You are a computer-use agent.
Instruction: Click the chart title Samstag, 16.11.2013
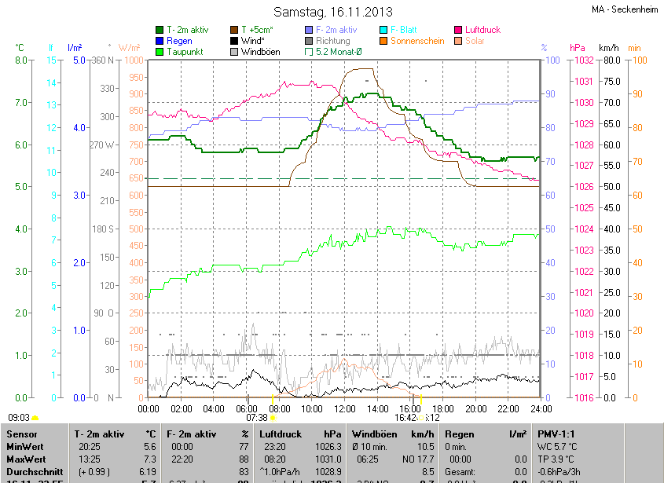coord(332,12)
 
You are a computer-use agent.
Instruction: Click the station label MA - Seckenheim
coord(625,9)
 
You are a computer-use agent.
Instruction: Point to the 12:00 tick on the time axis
coord(345,409)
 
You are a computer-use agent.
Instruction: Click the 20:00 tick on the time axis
coord(475,409)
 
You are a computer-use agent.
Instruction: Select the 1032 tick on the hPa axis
coord(582,60)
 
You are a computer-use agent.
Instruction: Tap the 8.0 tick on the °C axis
coord(21,60)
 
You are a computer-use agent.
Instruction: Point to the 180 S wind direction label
coord(105,229)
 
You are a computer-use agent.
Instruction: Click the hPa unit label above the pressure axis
coord(578,48)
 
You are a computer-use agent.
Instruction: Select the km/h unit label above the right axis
coord(609,48)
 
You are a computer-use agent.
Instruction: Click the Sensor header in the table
coord(23,434)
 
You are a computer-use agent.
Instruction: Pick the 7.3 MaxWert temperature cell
coord(148,459)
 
